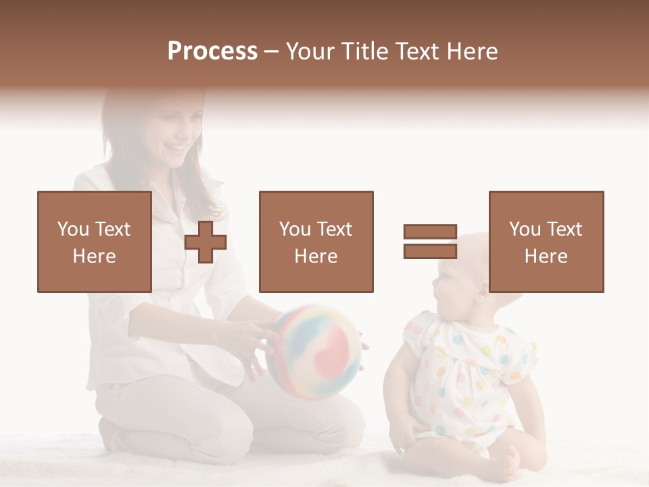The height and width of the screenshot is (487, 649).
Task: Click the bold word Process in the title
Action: point(212,51)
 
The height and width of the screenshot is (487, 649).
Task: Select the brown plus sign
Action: point(206,242)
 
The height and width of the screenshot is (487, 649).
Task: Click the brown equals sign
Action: point(430,241)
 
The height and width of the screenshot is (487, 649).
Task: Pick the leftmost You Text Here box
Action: point(94,241)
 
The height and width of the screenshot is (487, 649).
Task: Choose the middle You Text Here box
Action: point(316,241)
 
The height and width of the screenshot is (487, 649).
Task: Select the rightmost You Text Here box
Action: point(546,241)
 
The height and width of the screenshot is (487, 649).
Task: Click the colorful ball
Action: point(314,350)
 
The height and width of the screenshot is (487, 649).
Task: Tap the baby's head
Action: point(466,267)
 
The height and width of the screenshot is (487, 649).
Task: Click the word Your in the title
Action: point(311,51)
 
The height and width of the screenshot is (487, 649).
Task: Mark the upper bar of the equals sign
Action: point(430,231)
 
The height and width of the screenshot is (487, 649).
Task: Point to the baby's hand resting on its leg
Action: point(406,433)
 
